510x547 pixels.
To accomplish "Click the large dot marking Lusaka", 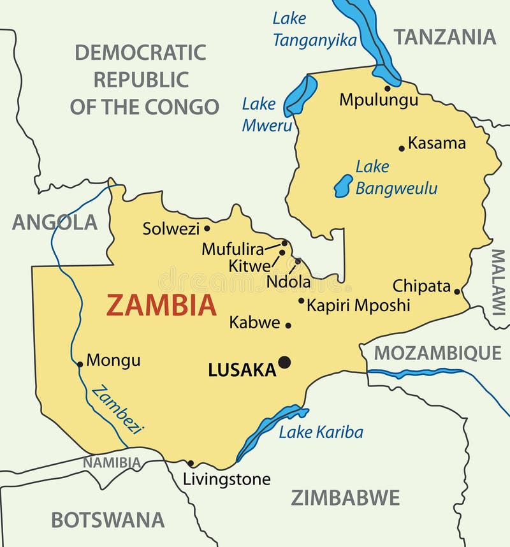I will (x=284, y=362).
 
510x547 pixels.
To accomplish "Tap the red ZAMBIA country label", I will (x=161, y=305).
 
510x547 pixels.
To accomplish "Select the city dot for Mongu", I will (x=80, y=365).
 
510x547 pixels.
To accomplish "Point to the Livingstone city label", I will (x=226, y=479).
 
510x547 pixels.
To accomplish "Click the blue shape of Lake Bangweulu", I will (x=344, y=186).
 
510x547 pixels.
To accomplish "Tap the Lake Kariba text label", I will (x=321, y=432).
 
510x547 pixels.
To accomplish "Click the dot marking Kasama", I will (x=402, y=149).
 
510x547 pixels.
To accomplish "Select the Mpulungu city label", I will (x=379, y=99).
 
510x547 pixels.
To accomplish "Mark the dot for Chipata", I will (x=456, y=291).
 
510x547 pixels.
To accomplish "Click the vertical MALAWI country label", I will (x=497, y=282).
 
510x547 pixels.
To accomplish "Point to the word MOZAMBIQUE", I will (x=437, y=353).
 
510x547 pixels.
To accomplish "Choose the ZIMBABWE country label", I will (x=346, y=497).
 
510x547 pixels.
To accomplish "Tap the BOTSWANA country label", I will (x=108, y=520).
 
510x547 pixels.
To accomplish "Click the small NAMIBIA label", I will (x=112, y=462).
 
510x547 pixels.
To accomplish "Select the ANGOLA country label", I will (x=55, y=222).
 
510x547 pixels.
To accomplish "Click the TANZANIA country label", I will (x=444, y=37).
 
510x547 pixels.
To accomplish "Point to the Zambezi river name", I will (x=117, y=410).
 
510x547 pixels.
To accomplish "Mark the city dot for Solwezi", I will (x=207, y=228).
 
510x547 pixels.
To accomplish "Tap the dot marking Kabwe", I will (x=288, y=325).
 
